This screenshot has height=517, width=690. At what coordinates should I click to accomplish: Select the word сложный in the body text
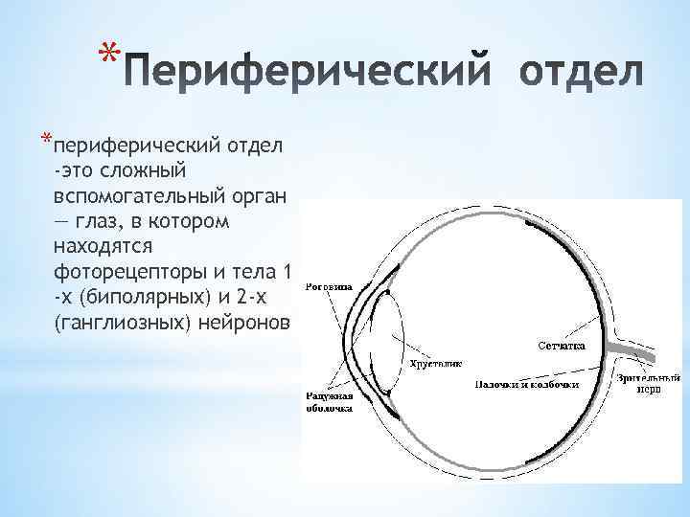click(143, 170)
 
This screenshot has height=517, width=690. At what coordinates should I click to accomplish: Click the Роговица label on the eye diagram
click(328, 286)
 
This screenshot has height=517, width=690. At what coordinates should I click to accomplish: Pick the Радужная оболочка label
click(329, 402)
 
